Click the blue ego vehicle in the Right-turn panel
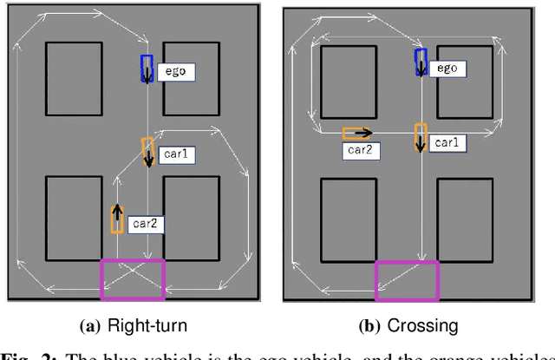147,69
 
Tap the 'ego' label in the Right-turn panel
175,71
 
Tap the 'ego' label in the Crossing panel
447,69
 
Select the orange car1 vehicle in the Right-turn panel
148,151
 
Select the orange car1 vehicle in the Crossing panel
421,137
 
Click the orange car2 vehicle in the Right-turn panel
117,218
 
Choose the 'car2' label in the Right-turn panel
145,224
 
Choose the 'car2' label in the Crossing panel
360,150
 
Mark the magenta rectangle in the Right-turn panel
133,278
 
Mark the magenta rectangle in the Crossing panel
407,280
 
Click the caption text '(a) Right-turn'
132,326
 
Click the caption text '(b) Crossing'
408,326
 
